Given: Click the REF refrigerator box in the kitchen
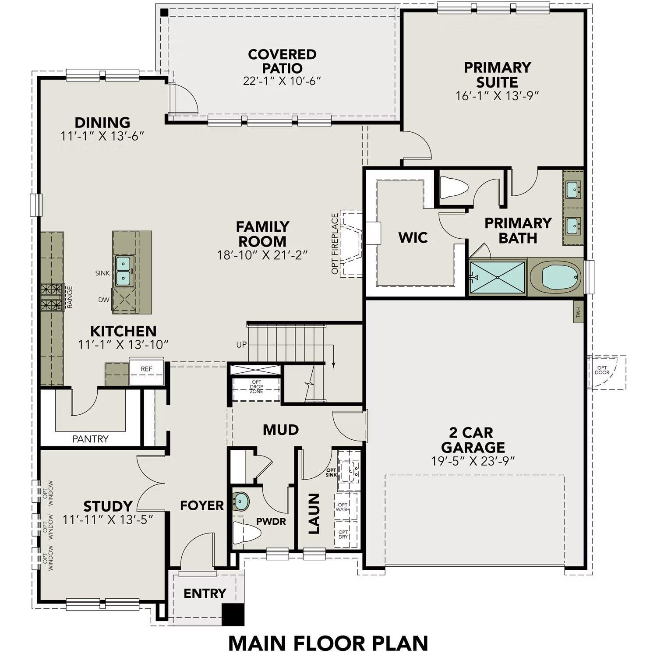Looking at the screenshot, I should [146, 369].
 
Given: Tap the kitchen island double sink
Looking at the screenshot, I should [124, 271].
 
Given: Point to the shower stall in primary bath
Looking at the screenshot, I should [497, 277].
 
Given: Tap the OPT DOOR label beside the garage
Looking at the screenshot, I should [602, 371].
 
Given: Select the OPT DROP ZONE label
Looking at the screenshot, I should [256, 387].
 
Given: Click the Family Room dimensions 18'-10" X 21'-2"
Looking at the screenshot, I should [263, 255].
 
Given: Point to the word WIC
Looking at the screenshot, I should [413, 238].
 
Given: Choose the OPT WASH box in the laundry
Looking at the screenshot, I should [343, 507].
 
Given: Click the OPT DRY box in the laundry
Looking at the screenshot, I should [343, 535].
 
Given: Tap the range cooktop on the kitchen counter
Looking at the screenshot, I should [52, 297].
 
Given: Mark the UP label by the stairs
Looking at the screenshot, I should [241, 345].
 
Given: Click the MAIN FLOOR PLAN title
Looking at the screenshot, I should [328, 643].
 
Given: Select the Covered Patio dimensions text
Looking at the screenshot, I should [282, 81].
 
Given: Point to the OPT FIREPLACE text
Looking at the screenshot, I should [335, 244].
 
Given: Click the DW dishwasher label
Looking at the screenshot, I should [103, 300].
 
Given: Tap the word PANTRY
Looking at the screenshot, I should [90, 439].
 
